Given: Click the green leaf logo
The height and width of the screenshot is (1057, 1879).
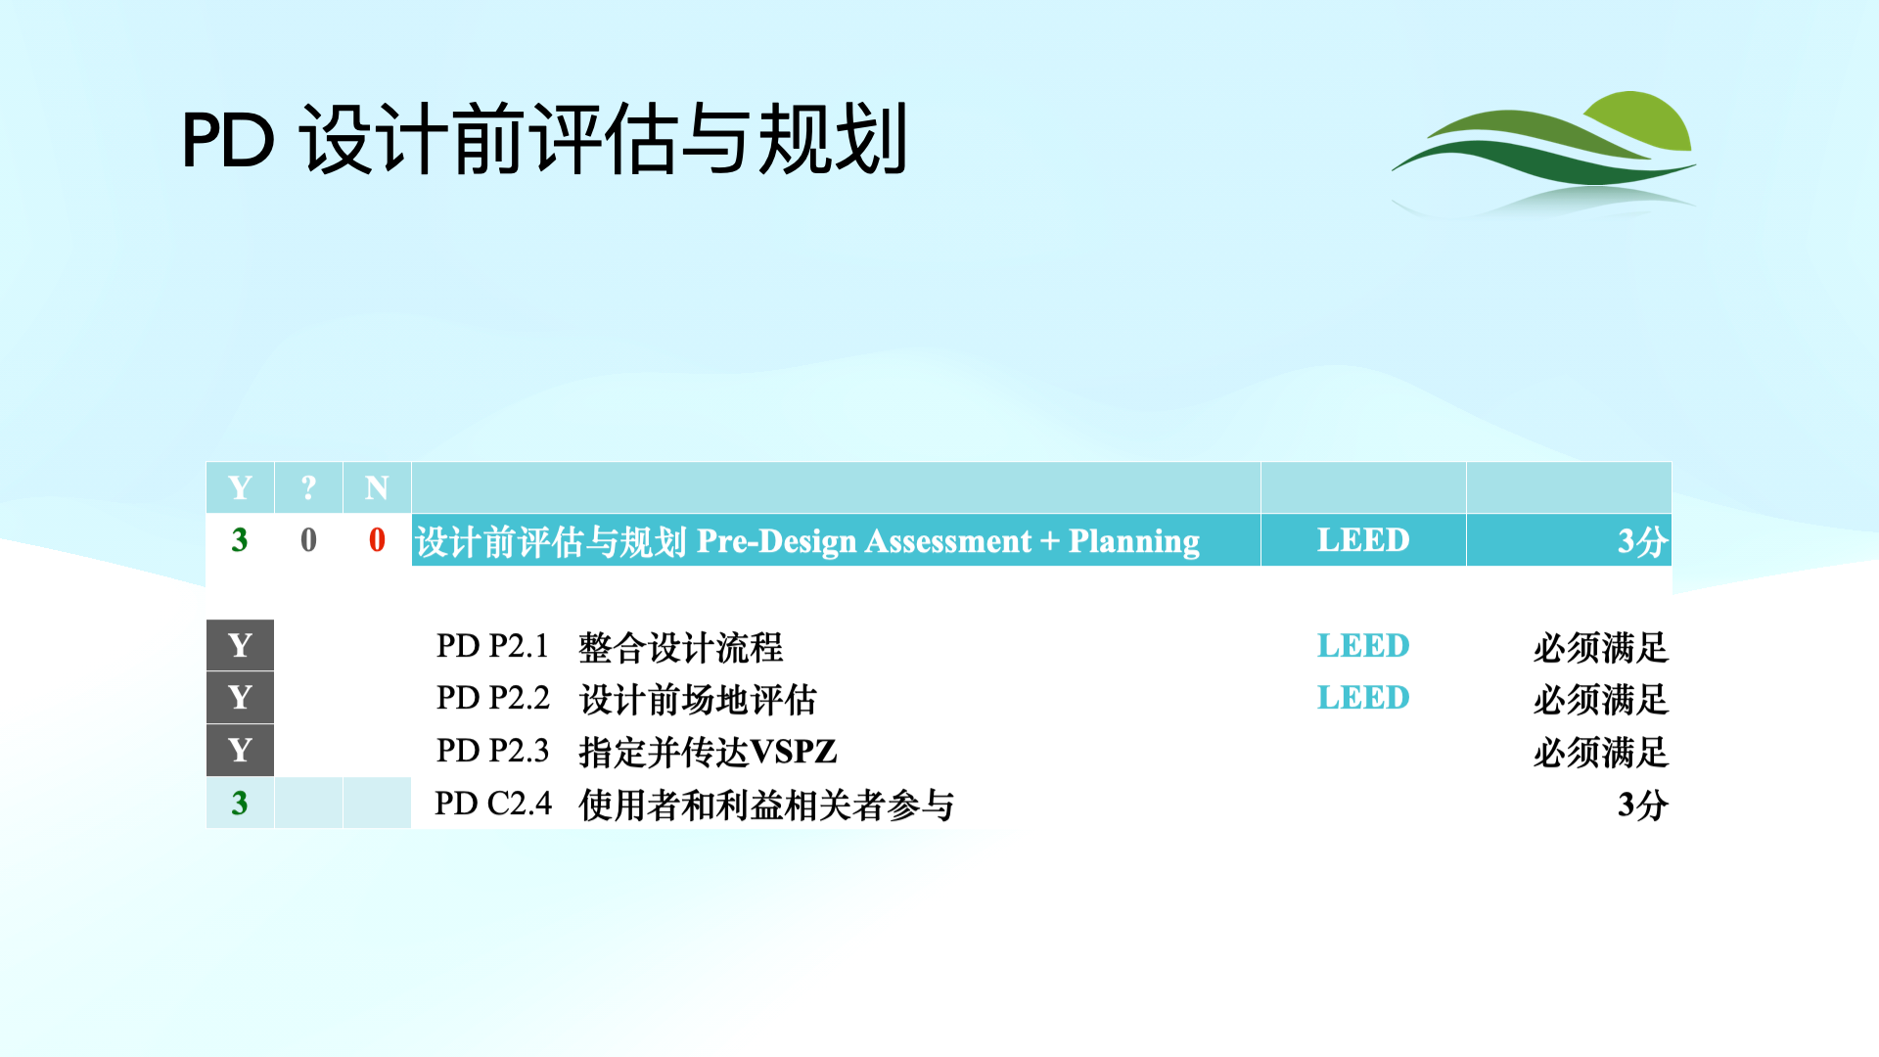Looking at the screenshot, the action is click(x=1544, y=153).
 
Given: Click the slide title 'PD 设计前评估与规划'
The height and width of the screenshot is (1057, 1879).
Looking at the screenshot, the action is click(x=545, y=140).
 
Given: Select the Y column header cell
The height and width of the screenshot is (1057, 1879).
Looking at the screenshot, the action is click(x=240, y=487).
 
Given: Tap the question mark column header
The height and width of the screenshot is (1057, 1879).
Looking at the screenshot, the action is click(x=308, y=487).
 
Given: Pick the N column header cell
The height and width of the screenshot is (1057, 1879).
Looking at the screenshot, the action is click(x=377, y=487).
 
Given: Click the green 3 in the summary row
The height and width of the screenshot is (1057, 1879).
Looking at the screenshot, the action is click(x=240, y=540).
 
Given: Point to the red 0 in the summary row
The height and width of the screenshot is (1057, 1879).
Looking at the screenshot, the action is click(x=377, y=540).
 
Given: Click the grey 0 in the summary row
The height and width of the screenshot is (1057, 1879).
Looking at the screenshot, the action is click(x=308, y=540).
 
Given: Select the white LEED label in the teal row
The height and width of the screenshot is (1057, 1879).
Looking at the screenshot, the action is click(x=1363, y=540).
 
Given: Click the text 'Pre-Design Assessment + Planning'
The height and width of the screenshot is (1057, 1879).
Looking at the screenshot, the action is click(x=948, y=541).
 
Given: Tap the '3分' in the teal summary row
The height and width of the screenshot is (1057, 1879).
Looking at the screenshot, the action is click(x=1643, y=541).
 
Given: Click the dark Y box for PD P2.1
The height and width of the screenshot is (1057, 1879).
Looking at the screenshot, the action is click(x=240, y=645).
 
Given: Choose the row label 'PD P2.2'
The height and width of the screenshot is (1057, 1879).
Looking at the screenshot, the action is click(x=493, y=698).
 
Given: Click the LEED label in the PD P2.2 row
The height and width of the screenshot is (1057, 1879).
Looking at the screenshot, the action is click(x=1363, y=698).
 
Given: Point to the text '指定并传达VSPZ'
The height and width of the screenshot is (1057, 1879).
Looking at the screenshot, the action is click(x=709, y=752).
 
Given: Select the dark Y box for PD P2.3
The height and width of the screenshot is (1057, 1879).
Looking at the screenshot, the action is click(x=240, y=751).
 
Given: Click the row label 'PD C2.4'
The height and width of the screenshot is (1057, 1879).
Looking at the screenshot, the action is click(x=493, y=804).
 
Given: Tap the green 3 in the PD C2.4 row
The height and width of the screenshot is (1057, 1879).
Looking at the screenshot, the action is click(x=240, y=804).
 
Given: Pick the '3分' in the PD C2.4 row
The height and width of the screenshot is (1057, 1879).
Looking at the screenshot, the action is click(x=1643, y=804).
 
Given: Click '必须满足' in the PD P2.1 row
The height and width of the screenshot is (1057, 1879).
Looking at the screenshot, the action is click(x=1601, y=647).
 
